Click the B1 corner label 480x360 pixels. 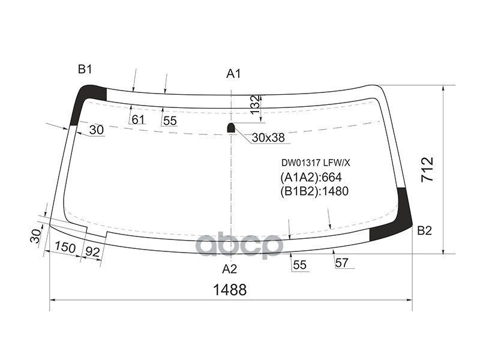(x=85, y=70)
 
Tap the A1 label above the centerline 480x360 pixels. (x=233, y=74)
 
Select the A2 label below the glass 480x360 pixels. (x=230, y=268)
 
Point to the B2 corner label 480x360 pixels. (x=424, y=230)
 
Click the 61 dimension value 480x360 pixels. (x=138, y=120)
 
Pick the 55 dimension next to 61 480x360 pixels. (x=170, y=121)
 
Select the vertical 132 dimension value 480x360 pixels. (x=255, y=106)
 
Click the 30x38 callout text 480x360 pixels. (x=268, y=138)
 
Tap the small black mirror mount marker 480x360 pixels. (x=231, y=127)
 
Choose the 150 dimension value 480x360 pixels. (x=65, y=247)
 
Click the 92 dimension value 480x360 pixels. (x=92, y=252)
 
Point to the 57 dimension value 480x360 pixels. (x=342, y=262)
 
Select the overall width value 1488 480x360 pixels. (x=230, y=290)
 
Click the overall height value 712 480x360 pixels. (x=427, y=170)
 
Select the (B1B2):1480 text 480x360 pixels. (x=314, y=191)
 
